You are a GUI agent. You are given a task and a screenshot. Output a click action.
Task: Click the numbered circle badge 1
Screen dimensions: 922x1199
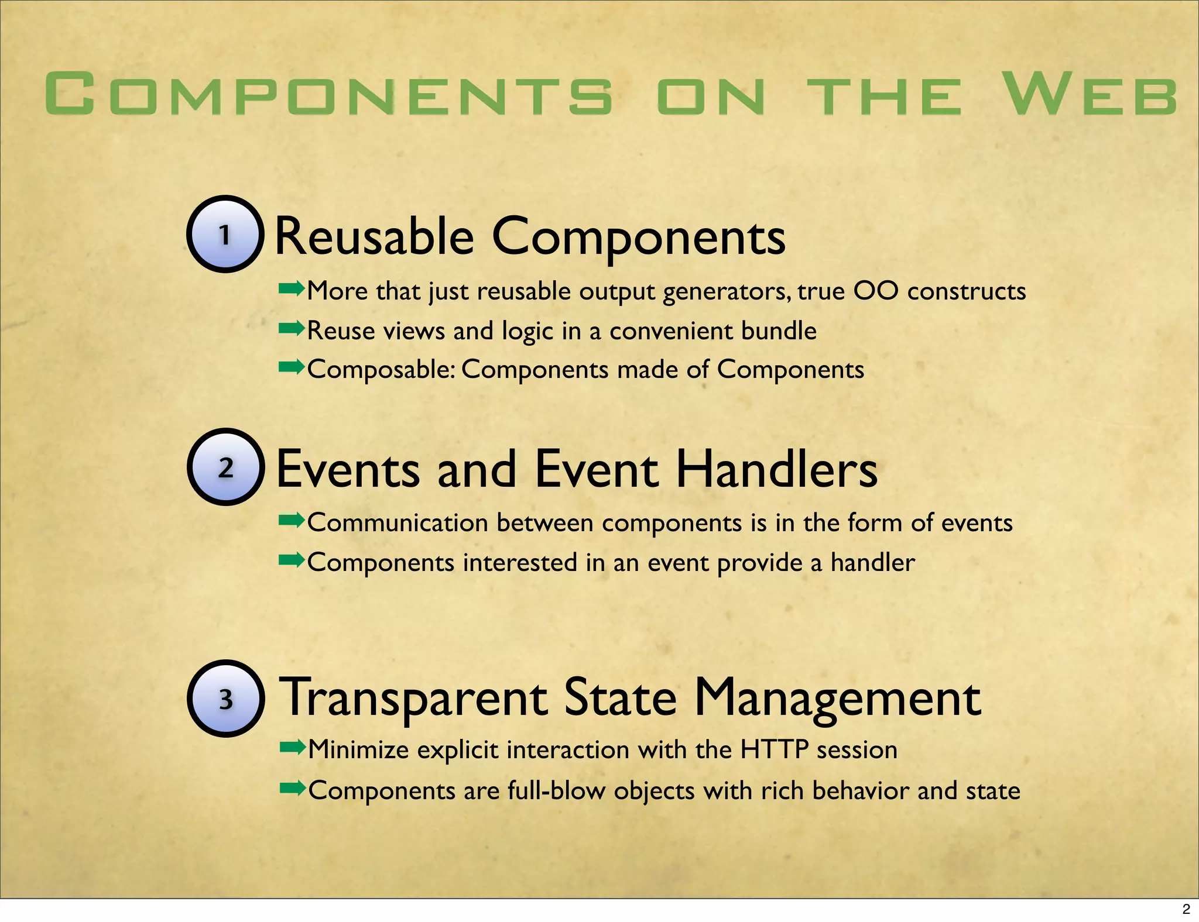point(225,234)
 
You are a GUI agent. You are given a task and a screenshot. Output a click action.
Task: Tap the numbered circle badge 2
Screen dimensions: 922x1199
point(226,467)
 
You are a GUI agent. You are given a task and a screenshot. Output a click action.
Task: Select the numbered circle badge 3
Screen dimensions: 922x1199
point(226,699)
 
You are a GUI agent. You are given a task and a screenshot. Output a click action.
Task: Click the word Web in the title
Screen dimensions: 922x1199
point(1090,94)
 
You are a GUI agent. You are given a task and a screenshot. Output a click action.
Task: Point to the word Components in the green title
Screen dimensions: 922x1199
point(328,94)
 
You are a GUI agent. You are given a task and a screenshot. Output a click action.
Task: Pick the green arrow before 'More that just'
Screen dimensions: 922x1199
point(292,288)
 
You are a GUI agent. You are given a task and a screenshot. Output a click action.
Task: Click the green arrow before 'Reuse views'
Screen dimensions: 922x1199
point(292,329)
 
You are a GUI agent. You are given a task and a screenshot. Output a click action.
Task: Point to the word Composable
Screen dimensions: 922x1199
point(381,370)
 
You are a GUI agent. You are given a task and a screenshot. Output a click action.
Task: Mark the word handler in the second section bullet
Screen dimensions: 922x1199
point(872,562)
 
